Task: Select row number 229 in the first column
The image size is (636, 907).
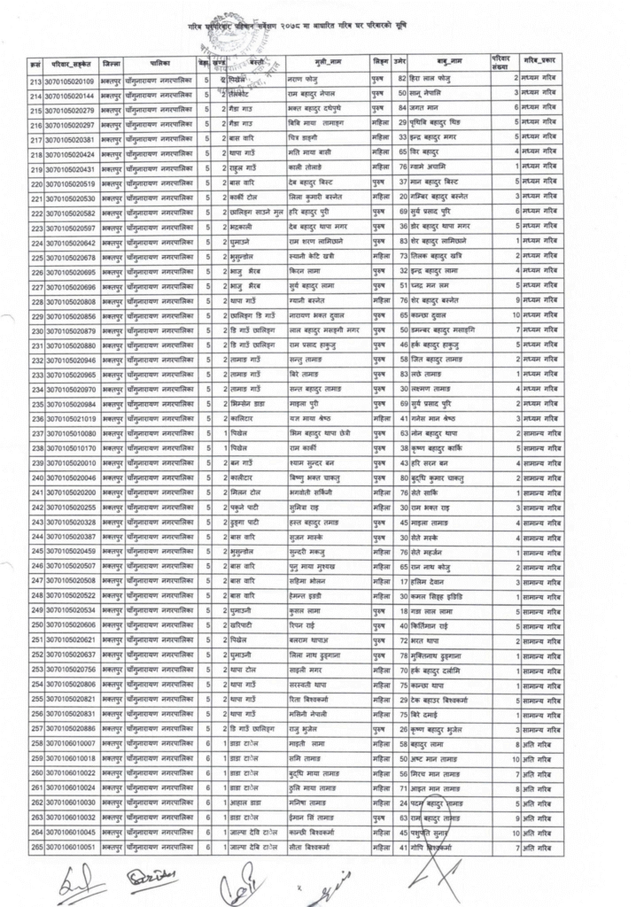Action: click(37, 315)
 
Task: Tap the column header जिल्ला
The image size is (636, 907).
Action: click(112, 65)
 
